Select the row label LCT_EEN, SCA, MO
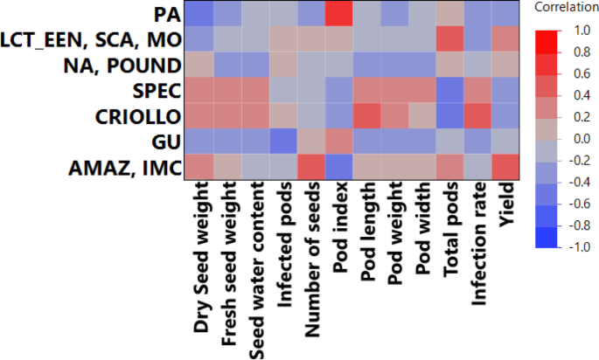[92, 39]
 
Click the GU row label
[167, 141]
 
